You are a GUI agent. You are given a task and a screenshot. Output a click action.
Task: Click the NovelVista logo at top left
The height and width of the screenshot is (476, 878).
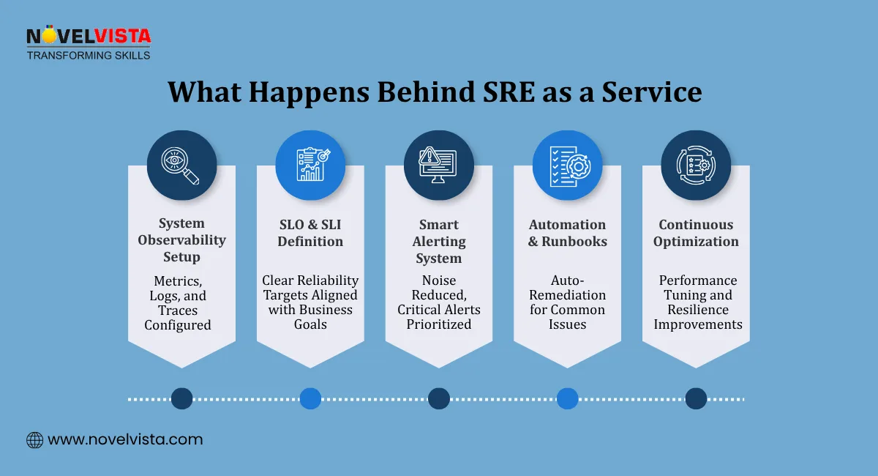click(x=89, y=44)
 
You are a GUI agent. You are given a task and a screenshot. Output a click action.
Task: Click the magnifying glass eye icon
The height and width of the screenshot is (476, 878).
click(x=181, y=166)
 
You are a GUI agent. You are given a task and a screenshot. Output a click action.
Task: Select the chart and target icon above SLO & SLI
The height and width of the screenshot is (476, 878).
click(x=310, y=166)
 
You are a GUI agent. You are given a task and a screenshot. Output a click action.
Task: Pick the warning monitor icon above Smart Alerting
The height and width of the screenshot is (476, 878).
click(x=439, y=166)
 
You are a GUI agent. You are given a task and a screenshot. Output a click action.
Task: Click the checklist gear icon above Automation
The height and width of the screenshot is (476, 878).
click(x=567, y=166)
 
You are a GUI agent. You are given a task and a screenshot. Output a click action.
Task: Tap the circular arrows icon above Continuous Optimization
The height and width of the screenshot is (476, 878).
click(x=696, y=166)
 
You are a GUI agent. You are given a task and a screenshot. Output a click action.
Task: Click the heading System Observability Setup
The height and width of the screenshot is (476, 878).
click(x=181, y=240)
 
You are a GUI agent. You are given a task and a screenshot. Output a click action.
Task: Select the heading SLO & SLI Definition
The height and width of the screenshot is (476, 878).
click(x=310, y=233)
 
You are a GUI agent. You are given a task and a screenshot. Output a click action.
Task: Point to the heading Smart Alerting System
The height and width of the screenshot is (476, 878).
click(x=439, y=241)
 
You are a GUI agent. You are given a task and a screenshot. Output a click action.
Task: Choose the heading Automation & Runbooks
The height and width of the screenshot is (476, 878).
click(x=567, y=233)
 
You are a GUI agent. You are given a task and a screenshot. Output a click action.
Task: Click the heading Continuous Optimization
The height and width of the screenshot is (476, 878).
click(x=696, y=233)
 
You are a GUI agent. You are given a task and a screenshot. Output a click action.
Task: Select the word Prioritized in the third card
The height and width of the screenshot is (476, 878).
click(x=439, y=324)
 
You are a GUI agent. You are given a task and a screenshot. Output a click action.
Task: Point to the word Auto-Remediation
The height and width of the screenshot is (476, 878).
click(x=567, y=288)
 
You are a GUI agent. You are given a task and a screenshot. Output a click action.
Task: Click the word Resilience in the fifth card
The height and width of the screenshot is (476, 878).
click(x=697, y=310)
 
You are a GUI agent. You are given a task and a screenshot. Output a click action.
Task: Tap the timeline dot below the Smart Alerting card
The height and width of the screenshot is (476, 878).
click(x=439, y=398)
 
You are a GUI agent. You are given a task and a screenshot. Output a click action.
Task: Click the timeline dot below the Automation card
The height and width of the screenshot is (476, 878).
click(x=567, y=398)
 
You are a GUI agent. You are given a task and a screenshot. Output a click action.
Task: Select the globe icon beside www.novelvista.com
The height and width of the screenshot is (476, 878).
click(x=34, y=440)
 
